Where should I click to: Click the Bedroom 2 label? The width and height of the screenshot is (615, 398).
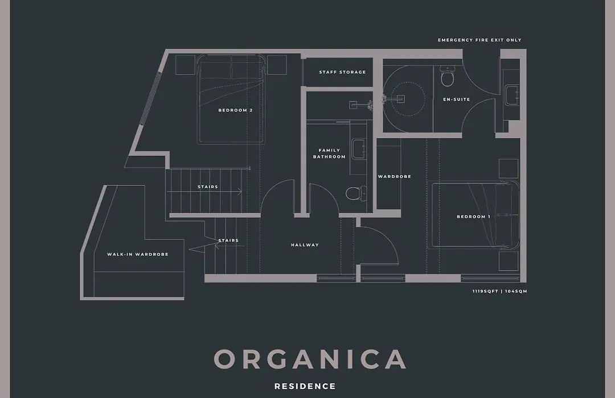235,110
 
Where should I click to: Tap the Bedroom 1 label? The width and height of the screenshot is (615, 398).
473,217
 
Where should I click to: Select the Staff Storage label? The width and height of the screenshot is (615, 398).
342,72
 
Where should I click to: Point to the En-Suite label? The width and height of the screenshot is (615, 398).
457,100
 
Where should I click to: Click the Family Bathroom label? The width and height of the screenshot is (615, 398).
329,153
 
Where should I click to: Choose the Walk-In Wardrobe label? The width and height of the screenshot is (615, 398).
138,254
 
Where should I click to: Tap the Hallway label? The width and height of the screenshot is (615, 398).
305,245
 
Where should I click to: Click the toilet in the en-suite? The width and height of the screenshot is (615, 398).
447,76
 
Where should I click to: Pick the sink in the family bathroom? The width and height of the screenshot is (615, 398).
358,148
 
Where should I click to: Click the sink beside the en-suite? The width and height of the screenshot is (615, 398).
512,95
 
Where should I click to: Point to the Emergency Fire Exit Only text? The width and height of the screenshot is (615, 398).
479,40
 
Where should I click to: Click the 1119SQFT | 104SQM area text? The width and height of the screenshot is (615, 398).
500,292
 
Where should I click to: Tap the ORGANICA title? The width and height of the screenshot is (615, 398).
310,359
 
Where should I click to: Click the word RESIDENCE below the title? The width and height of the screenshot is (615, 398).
305,386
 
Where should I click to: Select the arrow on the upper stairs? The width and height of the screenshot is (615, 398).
204,191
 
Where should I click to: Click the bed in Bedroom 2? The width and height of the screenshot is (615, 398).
231,100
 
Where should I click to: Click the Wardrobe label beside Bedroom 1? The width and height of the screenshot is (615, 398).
395,177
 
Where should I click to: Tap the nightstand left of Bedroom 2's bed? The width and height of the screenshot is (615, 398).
185,65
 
